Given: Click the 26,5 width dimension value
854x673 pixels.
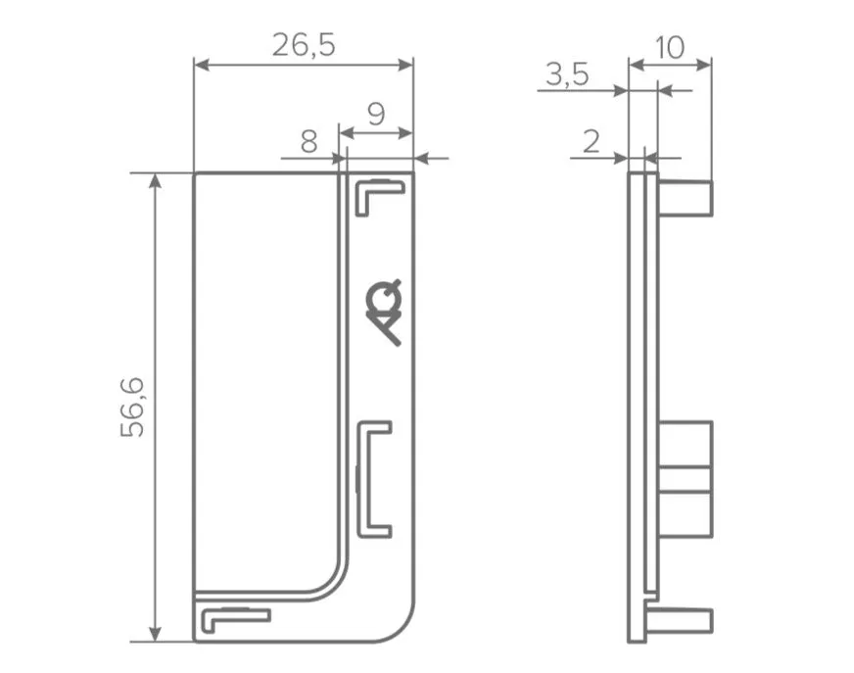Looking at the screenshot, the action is tap(304, 45).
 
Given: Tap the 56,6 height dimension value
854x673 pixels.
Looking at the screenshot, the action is tap(132, 408).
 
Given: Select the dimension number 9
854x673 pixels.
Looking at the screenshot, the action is tap(376, 115).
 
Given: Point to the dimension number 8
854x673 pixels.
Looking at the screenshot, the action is tap(308, 142).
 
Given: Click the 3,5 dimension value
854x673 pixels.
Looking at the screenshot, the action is tap(567, 74).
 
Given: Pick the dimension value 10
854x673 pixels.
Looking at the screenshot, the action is tap(669, 48).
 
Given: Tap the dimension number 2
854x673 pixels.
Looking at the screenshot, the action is tap(591, 142).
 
